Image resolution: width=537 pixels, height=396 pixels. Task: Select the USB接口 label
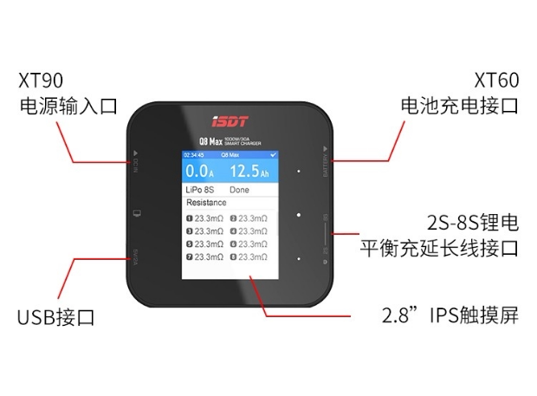coord(55,317)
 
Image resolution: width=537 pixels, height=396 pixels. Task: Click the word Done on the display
coord(239,189)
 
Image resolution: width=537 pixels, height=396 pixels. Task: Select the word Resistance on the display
coord(206,202)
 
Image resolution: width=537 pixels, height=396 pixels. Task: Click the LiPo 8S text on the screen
coord(201,189)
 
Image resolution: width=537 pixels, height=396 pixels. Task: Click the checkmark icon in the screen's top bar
coord(274,154)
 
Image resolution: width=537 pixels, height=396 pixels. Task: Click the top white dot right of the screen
coord(298,172)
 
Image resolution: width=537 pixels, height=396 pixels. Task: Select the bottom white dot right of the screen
coord(298,257)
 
